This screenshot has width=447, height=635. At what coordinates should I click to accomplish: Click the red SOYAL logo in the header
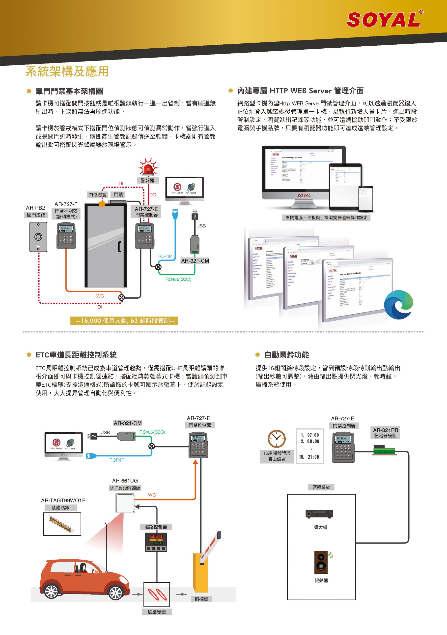384,20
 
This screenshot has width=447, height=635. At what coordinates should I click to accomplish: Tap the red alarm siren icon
148,168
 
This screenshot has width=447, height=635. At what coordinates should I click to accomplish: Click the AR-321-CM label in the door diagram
195,260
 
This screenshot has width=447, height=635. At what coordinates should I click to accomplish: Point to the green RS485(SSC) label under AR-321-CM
178,279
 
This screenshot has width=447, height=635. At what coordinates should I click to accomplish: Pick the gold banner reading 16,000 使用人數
124,320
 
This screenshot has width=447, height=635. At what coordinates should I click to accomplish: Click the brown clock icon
276,439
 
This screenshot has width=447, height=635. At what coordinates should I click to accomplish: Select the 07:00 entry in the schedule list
310,435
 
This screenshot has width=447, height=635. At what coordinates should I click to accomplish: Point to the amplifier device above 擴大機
319,514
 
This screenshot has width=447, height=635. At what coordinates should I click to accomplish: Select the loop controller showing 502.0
156,542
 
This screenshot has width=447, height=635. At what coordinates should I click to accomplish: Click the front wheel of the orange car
115,592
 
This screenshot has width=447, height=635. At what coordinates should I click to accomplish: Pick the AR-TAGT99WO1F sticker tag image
62,524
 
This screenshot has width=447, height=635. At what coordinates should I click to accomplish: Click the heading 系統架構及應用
67,71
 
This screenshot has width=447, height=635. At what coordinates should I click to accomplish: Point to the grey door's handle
119,247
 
